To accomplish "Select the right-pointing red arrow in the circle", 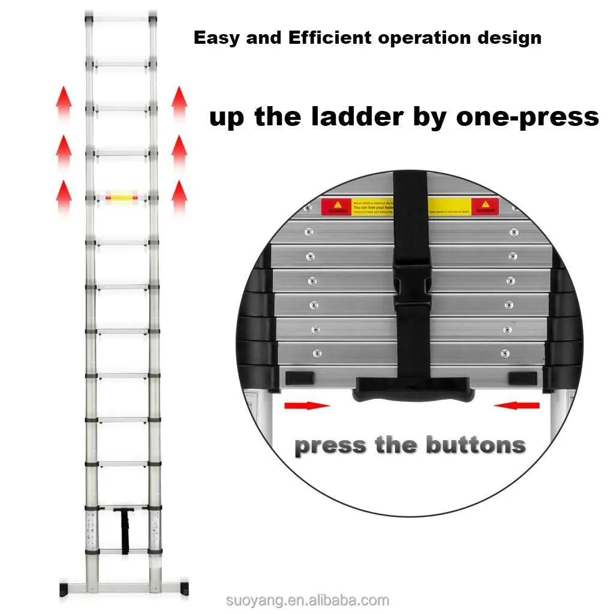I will click(306, 406).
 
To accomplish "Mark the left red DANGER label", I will click(336, 206).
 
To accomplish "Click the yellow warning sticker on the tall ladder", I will click(122, 195).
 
